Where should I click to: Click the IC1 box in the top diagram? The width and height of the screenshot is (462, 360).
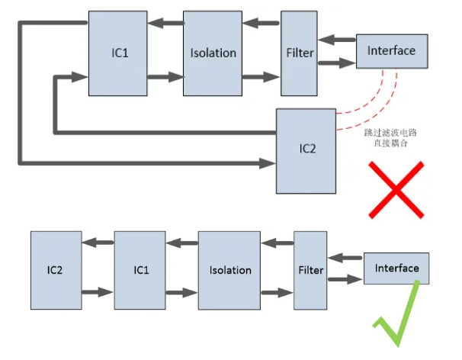(117, 53)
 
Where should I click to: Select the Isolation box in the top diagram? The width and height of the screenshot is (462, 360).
(213, 53)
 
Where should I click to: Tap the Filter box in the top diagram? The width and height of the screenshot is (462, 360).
(299, 53)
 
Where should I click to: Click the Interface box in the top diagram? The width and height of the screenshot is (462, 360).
(391, 51)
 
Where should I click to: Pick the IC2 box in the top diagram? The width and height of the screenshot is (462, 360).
(306, 149)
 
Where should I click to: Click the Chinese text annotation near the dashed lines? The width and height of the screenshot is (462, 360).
(391, 137)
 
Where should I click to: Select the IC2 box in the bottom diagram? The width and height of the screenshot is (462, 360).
(56, 270)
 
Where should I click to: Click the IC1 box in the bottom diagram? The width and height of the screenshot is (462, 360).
(140, 270)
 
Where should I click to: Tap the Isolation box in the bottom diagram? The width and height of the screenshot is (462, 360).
(229, 270)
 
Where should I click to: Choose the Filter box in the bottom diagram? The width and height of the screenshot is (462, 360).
(310, 270)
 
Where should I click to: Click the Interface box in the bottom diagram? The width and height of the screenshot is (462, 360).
(397, 268)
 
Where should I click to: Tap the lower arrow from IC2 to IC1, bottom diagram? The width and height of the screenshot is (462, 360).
(97, 292)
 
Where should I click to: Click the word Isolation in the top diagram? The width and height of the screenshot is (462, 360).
(213, 53)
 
